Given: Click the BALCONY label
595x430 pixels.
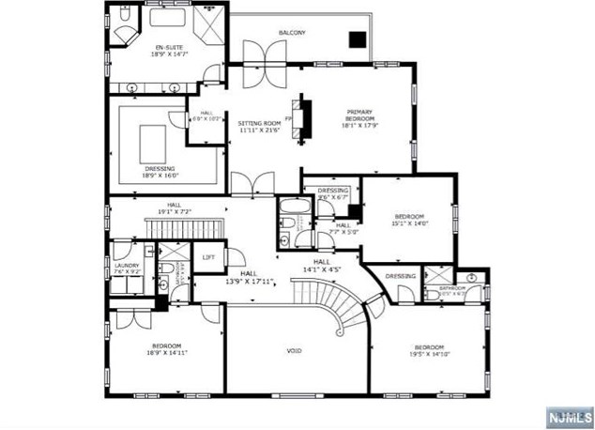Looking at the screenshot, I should coord(291,33).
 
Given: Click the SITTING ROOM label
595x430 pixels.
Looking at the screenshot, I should coord(259,124).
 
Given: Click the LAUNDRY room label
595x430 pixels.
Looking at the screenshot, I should coord(127,266).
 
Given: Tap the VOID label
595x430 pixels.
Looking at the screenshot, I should coord(294,351).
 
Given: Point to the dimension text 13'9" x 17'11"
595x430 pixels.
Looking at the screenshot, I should coord(249,281).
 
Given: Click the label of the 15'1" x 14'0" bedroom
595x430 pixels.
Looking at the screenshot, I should coord(409,217).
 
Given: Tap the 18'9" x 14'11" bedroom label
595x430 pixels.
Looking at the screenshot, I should coord(166,346).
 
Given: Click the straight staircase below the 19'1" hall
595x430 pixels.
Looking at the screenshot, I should coord(184,228).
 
